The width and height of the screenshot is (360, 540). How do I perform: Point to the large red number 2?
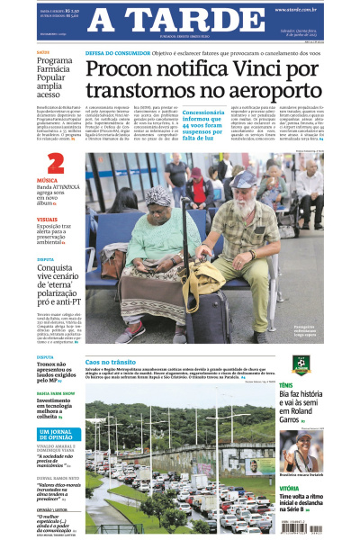pyautogui.click(x=56, y=164)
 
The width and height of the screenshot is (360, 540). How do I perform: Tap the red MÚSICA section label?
pyautogui.click(x=47, y=181)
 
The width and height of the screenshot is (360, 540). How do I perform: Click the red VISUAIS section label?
pyautogui.click(x=48, y=220)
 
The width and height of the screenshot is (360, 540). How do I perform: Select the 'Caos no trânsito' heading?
pyautogui.click(x=110, y=362)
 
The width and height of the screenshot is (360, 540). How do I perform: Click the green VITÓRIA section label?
pyautogui.click(x=291, y=486)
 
